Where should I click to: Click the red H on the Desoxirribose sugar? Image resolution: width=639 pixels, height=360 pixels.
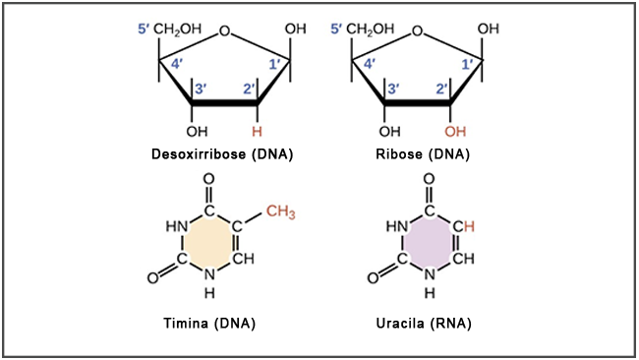[258, 131]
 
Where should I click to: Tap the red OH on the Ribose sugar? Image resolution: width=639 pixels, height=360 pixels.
[453, 131]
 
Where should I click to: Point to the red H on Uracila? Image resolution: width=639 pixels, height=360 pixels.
[469, 227]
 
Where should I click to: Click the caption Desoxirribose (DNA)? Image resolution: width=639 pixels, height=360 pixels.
[223, 154]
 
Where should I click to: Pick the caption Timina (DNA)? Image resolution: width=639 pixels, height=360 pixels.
[210, 323]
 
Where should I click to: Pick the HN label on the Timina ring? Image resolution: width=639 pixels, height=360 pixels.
[178, 227]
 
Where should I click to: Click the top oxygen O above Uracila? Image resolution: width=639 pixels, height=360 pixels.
[430, 181]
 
